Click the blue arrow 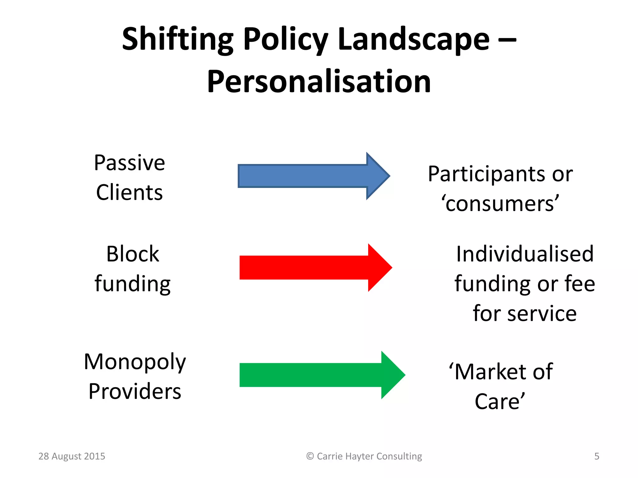(x=312, y=176)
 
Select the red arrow (x=312, y=268)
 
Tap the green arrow (x=318, y=375)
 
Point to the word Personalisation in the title (x=319, y=82)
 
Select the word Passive (x=129, y=163)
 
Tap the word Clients (x=129, y=192)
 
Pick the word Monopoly (x=135, y=362)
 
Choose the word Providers (x=135, y=391)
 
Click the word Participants (x=486, y=174)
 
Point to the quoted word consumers (x=500, y=204)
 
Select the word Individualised (x=525, y=254)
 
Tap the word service (x=542, y=313)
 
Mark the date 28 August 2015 (x=72, y=456)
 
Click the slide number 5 (x=597, y=456)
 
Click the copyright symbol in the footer (x=310, y=456)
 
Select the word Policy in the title (x=285, y=40)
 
